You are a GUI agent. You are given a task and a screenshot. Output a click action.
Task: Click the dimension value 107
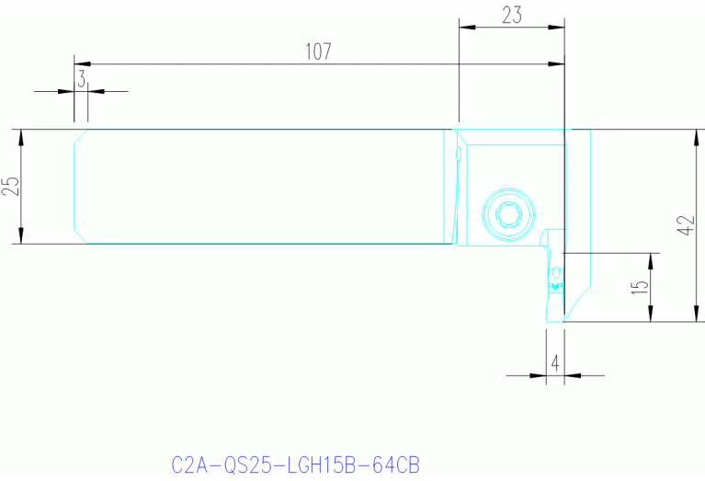point(317,52)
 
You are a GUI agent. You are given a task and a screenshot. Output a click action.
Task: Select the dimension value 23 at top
point(512,15)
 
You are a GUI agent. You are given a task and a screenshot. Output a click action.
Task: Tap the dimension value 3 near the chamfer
point(81,80)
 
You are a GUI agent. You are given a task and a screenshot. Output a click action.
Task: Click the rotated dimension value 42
point(683,226)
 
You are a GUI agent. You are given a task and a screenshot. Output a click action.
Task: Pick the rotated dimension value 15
point(641,286)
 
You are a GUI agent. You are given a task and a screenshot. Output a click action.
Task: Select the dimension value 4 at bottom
point(554,363)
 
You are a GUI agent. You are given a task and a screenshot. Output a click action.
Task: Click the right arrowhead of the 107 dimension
point(557,64)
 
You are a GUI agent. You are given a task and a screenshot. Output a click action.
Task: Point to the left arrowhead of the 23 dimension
point(466,27)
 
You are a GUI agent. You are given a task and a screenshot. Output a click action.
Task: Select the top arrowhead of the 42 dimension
point(694,136)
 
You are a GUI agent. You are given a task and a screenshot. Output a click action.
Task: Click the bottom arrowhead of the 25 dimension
point(21,237)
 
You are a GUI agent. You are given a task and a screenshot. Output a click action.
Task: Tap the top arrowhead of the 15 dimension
point(651,259)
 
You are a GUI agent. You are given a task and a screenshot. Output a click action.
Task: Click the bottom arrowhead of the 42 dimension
point(694,315)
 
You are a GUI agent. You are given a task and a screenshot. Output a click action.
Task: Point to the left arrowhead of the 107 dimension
point(82,64)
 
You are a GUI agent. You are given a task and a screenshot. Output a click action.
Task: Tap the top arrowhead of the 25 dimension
point(21,136)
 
